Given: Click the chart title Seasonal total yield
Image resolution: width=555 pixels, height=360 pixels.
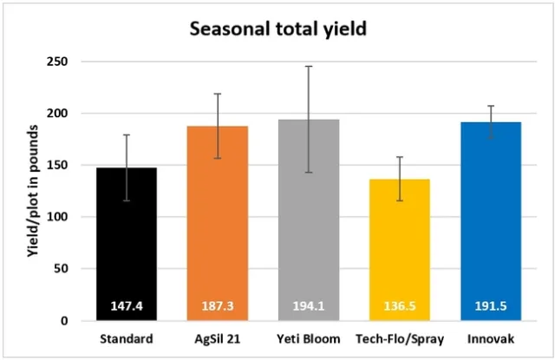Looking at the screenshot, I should pos(278,29).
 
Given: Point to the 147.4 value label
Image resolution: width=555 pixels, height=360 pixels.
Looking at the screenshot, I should pos(127,306).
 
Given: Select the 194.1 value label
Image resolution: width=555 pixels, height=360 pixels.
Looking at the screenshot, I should pos(309,306).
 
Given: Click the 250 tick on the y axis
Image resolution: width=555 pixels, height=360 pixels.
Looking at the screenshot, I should pos(63,62).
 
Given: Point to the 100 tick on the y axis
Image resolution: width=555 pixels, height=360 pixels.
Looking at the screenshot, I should pos(63,217).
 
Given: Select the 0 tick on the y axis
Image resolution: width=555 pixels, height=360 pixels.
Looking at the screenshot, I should pos(70,321).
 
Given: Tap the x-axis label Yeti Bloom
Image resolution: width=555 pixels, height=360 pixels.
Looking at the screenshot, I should pos(309,338).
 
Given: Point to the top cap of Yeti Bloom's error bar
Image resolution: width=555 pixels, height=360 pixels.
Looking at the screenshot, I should pos(309,66).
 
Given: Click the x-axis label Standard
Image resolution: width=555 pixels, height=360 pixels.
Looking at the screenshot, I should pos(127,338).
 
